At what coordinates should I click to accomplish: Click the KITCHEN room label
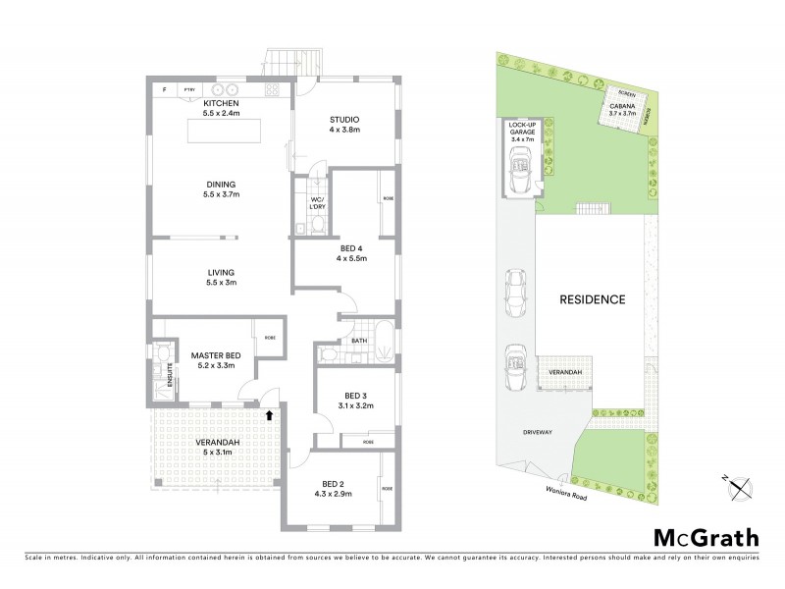click(220, 103)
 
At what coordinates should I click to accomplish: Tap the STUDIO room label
click(344, 119)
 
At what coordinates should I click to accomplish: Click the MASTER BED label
click(216, 355)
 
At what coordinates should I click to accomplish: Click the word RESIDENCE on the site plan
click(591, 299)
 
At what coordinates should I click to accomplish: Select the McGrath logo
click(706, 537)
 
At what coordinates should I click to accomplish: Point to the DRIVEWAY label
click(541, 431)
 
